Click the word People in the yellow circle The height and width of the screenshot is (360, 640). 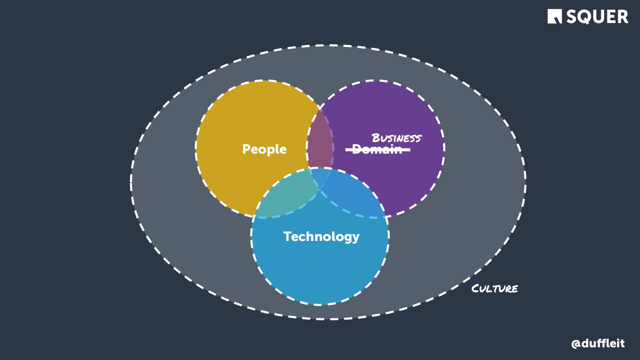tap(264, 149)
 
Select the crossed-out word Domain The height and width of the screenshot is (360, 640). tap(377, 150)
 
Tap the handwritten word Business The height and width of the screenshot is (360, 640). tap(396, 138)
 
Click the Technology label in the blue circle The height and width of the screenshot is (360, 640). tap(321, 237)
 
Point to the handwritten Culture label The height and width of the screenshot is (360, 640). tap(495, 288)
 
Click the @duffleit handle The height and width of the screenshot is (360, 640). tap(598, 343)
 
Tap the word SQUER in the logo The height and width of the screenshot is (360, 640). tap(597, 17)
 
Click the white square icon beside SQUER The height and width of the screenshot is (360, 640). tap(555, 17)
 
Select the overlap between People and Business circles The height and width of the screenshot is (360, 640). tap(319, 140)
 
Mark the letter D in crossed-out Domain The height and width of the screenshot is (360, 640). tap(356, 150)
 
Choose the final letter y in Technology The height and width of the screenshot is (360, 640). tap(356, 238)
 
